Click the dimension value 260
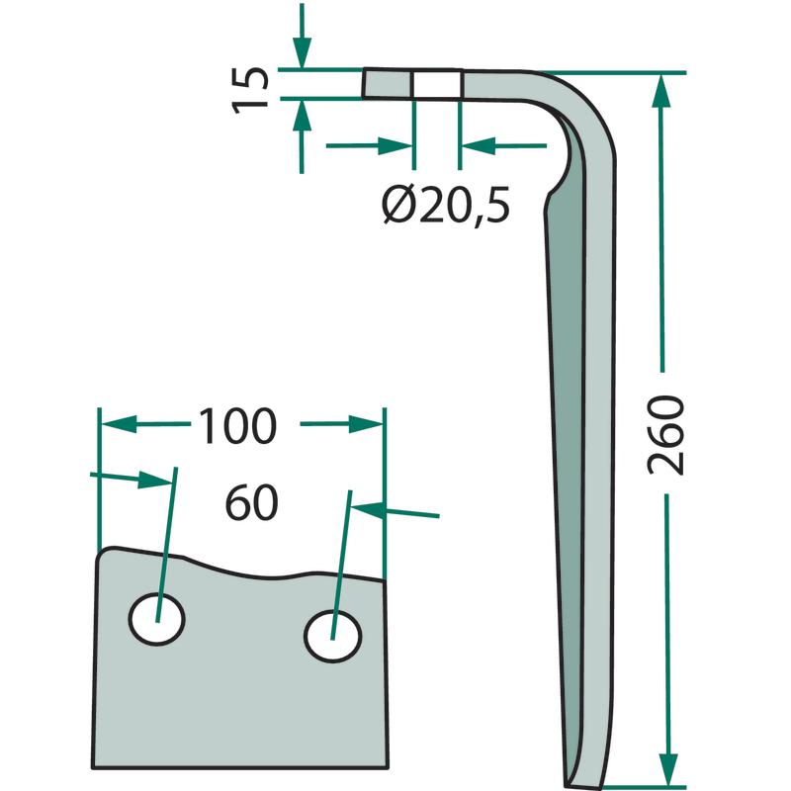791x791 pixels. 665,435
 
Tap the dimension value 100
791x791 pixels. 237,426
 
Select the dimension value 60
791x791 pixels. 251,503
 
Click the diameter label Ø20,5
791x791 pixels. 446,205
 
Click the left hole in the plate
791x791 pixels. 157,619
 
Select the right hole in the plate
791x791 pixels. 333,636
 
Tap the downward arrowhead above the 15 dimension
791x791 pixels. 302,53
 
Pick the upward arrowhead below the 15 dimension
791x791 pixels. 302,115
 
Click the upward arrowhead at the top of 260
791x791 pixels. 660,91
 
